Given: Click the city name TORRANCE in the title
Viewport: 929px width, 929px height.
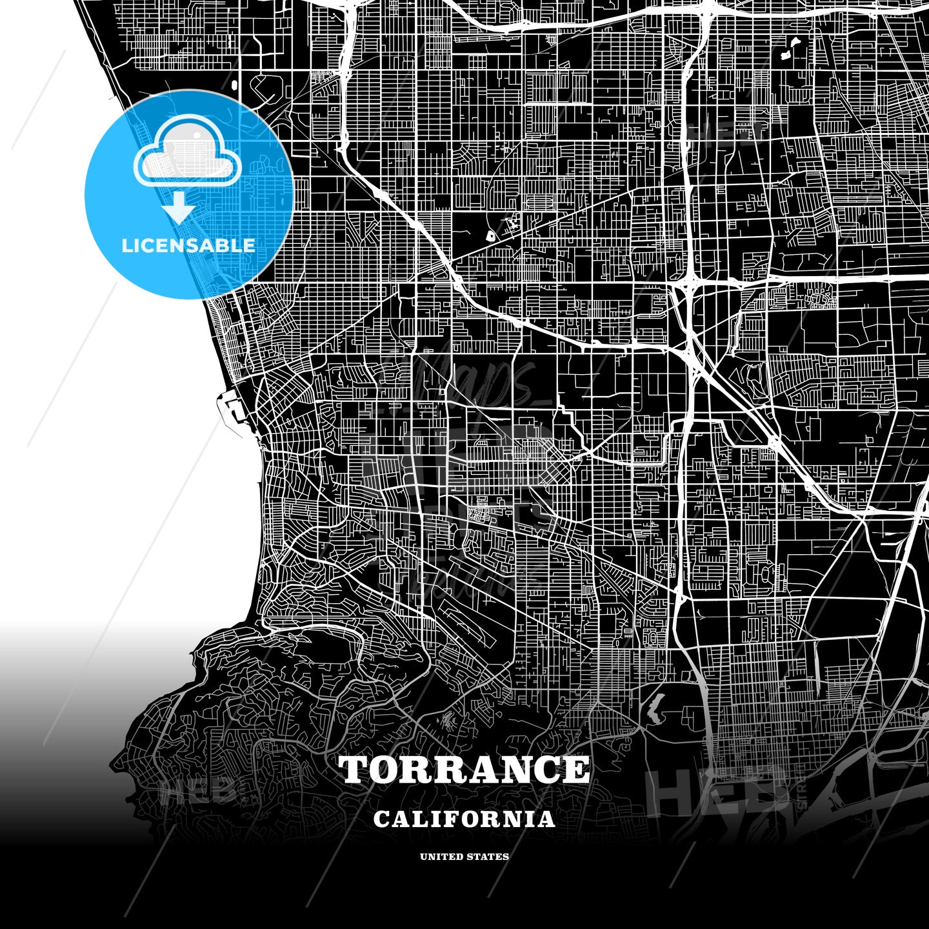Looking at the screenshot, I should coord(464,770).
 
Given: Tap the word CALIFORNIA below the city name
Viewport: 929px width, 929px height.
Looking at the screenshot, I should coord(464,819).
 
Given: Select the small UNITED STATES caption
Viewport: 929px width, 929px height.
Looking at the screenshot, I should coord(464,857).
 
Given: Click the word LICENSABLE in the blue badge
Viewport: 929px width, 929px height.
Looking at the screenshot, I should coord(188,245).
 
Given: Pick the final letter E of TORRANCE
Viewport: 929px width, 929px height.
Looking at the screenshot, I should coord(576,770).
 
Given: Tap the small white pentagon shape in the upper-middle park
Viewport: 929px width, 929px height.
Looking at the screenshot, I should coord(490,236).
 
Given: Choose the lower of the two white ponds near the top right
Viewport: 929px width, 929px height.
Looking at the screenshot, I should coord(786,56).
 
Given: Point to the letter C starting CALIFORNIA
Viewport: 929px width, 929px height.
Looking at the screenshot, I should coord(381,819).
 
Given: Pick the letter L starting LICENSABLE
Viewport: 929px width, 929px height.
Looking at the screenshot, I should coord(126,245).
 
